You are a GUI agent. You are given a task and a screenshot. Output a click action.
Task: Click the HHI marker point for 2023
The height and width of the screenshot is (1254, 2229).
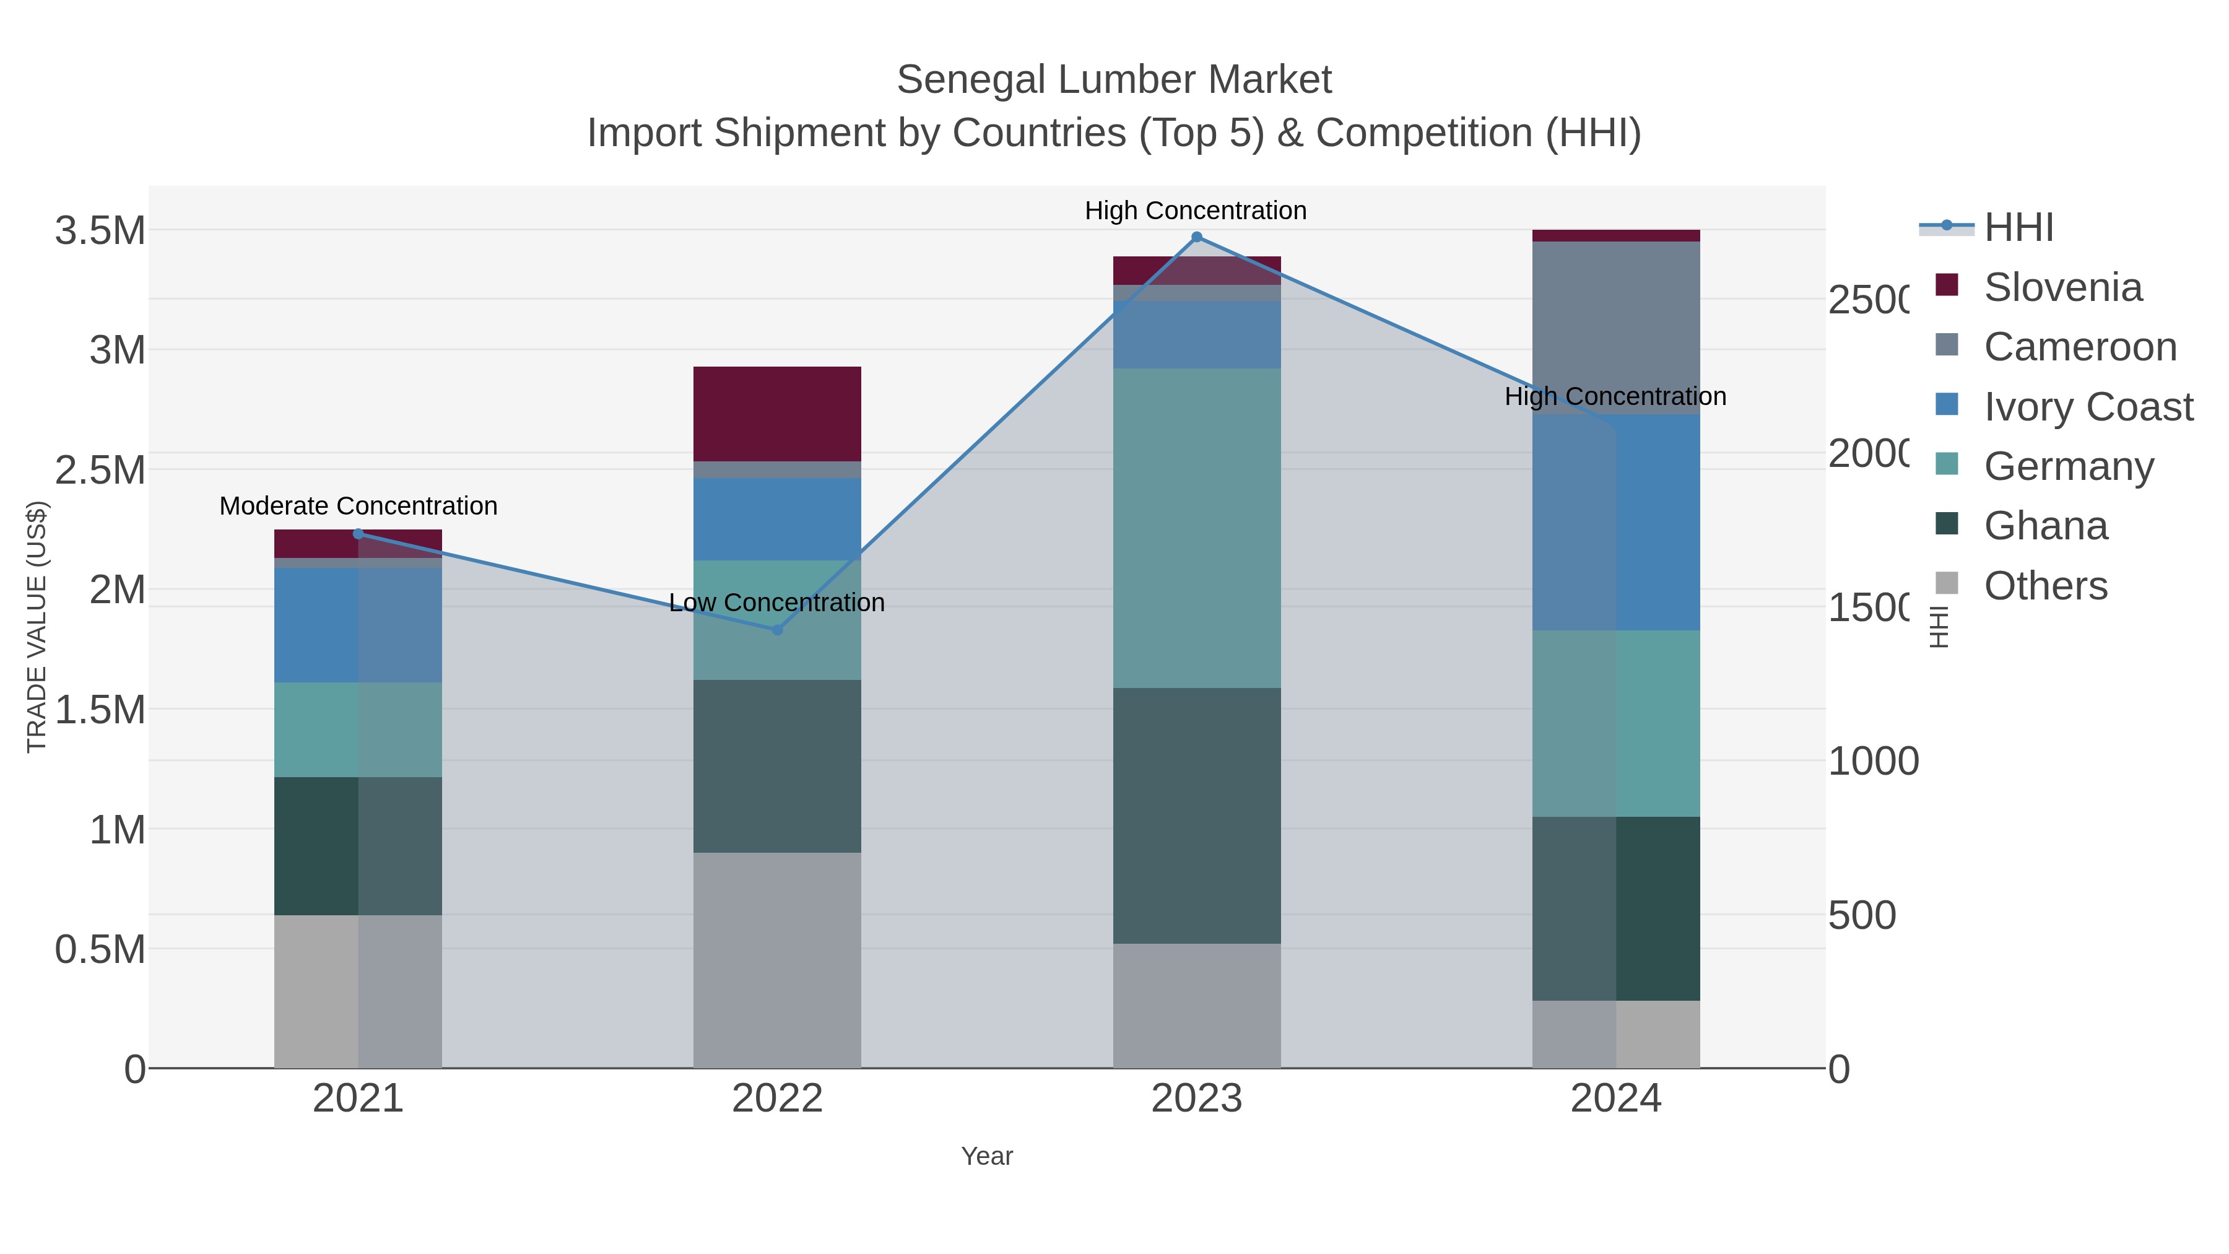coord(1197,237)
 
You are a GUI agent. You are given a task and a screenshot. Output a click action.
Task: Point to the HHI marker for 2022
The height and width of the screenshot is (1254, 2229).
coord(777,630)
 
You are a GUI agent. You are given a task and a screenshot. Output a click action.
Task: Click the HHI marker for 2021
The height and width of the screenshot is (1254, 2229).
coord(358,534)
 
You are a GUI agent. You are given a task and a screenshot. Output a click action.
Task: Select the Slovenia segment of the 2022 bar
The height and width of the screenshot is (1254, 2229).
coord(777,414)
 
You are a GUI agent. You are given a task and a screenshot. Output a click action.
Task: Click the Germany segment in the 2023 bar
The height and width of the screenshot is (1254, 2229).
coord(1197,528)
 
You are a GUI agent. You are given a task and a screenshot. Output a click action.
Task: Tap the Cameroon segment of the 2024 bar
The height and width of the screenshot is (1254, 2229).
coord(1615,320)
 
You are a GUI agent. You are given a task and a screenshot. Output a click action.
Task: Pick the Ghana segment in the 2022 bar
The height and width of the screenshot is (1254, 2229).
coord(777,766)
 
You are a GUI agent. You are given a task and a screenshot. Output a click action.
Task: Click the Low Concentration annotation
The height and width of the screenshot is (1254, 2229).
coord(777,603)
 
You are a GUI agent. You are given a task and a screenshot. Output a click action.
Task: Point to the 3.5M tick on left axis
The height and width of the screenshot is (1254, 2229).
coord(100,231)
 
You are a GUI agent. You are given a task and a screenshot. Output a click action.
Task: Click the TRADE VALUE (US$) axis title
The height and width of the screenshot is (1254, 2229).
coord(37,627)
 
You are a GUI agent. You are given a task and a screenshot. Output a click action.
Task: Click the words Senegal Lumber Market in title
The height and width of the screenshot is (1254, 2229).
coord(1114,80)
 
